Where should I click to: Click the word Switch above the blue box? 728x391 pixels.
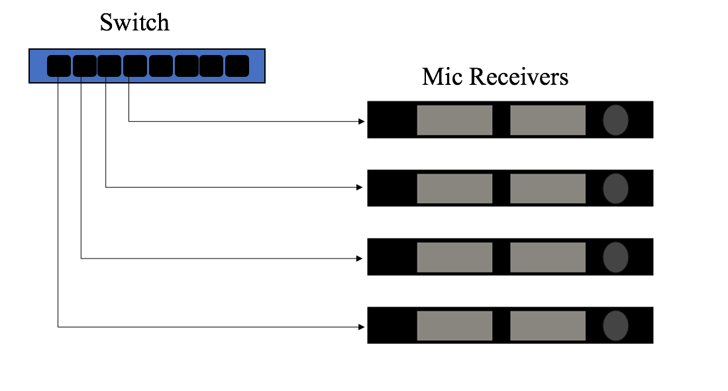[134, 23]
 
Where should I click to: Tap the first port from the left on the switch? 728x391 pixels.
[58, 66]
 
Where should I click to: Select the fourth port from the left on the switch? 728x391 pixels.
[134, 66]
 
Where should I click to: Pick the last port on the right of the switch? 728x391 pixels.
[236, 66]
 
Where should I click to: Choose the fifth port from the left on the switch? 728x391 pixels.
[160, 66]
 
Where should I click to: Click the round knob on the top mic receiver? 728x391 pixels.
[615, 120]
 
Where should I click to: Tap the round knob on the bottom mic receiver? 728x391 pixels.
[615, 325]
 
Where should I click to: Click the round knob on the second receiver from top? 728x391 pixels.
[615, 188]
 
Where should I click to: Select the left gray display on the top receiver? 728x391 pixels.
[454, 120]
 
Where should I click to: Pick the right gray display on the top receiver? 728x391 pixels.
[548, 120]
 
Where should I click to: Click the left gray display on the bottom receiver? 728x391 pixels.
[454, 325]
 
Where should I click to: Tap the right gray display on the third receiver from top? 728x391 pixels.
[548, 257]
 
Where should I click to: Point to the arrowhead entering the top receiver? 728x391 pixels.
[361, 121]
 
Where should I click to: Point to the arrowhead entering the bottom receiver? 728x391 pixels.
[361, 327]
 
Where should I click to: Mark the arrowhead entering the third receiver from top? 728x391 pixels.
[361, 258]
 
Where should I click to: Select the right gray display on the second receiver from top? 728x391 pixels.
[548, 188]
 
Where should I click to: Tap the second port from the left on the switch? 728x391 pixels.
[84, 66]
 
